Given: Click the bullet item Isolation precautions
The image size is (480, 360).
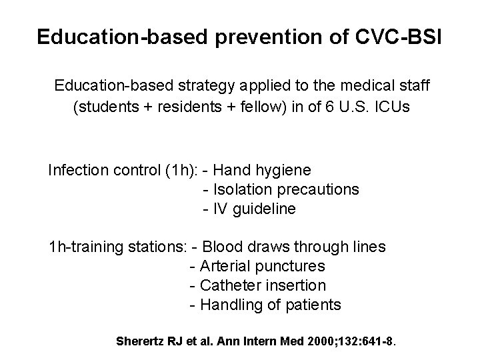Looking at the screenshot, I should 285,190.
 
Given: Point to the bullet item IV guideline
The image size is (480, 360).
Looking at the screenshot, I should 253,209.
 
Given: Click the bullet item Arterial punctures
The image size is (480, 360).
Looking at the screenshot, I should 263,267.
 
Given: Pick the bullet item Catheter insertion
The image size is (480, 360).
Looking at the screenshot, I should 263,286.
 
